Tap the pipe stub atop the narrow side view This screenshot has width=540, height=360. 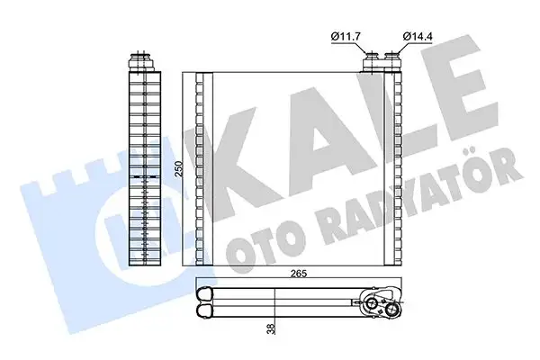point(140,61)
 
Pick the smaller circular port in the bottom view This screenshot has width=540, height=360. point(370,304)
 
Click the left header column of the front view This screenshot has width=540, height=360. point(205,168)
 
